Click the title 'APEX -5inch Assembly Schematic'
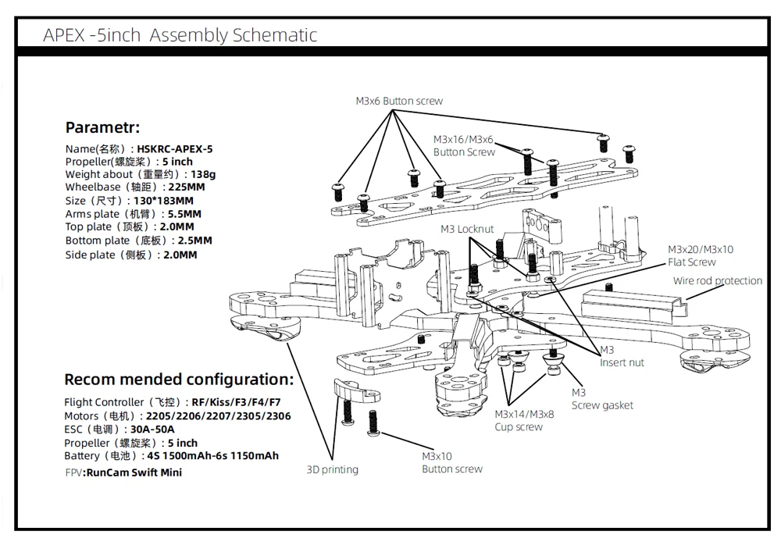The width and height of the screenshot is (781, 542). coord(180,35)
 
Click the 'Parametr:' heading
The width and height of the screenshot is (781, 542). coord(102,127)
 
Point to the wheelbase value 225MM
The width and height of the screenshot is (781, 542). coord(188,188)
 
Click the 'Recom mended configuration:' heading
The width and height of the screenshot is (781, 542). coord(178,380)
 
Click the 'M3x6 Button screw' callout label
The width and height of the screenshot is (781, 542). coord(399,101)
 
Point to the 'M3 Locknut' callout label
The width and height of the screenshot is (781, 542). coord(466,229)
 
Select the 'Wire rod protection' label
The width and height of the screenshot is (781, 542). coord(717,281)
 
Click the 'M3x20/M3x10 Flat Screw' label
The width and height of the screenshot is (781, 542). coord(700,255)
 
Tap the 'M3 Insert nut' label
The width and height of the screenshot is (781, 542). coord(622,356)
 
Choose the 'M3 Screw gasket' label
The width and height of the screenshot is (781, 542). coord(601,399)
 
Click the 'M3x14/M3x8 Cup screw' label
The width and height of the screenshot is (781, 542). coord(524,420)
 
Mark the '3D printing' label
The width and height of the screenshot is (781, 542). coord(332,469)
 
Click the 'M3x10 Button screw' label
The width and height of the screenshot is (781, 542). coord(451,462)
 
